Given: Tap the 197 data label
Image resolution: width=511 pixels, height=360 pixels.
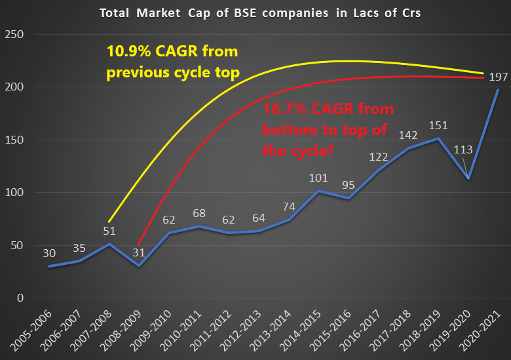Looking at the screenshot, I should (x=497, y=77).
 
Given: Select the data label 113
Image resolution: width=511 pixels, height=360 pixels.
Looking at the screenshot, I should (x=463, y=149).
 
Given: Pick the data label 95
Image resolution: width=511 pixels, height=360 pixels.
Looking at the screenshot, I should (x=349, y=185).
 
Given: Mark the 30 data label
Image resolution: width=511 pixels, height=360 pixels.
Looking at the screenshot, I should (x=50, y=253).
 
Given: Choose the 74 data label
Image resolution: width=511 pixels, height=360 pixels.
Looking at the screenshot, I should (x=289, y=207).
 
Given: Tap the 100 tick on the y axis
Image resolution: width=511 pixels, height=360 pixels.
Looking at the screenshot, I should (x=14, y=193).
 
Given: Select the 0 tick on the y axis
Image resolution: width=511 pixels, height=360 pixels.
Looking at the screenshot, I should (x=19, y=298).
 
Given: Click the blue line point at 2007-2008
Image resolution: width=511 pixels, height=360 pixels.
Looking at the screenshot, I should (x=109, y=244).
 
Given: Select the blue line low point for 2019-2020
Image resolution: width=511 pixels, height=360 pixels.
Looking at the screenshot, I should (x=468, y=178).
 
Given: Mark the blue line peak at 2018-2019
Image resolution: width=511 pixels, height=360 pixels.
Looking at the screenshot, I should (x=438, y=138).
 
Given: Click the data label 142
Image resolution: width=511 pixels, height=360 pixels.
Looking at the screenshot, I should (x=408, y=136).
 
